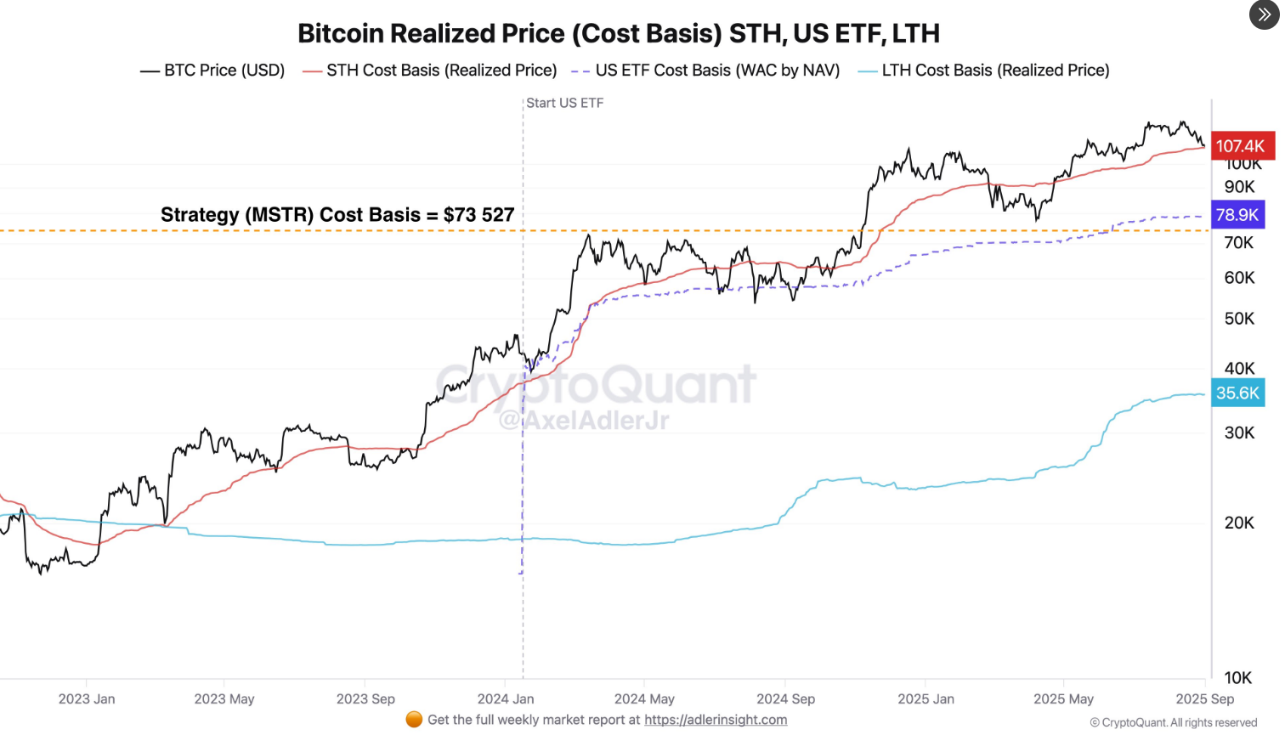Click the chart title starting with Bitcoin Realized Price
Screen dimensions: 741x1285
coord(618,34)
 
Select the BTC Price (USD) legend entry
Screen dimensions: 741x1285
coord(212,71)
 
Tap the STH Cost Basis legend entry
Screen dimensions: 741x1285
coord(430,71)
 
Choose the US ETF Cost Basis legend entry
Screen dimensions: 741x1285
coord(706,71)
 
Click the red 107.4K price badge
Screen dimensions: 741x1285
coord(1241,146)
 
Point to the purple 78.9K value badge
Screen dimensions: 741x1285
coord(1237,215)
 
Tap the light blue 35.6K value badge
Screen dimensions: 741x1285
coord(1237,393)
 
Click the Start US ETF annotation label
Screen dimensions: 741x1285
coord(564,103)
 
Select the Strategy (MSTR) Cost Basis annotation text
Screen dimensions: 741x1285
coord(337,215)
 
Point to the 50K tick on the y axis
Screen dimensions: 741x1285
coord(1239,319)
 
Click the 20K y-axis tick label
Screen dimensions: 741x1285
coord(1239,523)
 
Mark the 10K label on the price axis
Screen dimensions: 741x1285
coord(1238,678)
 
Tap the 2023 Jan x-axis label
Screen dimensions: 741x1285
coord(87,699)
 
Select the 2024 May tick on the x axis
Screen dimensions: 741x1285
coord(644,699)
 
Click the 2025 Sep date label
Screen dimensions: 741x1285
coord(1204,699)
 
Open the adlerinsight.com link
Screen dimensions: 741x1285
coord(716,720)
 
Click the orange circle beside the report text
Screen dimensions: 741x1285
coord(414,720)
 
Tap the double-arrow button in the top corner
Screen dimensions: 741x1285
coord(1264,14)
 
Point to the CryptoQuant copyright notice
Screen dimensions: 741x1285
coord(1173,722)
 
